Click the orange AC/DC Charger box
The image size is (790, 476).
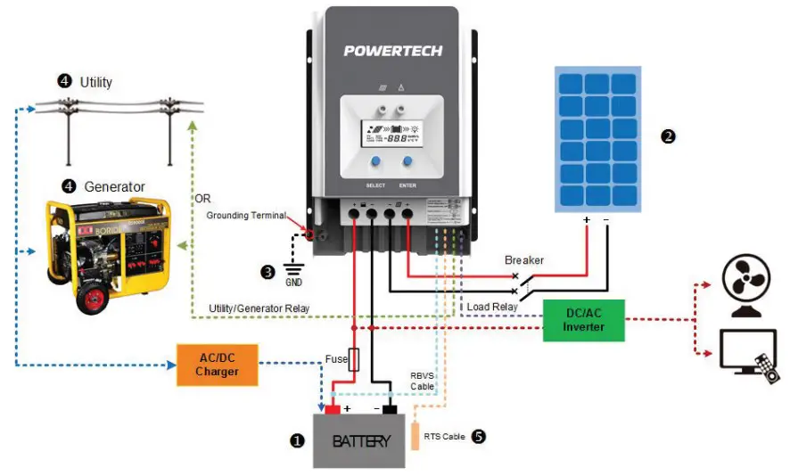click(218, 364)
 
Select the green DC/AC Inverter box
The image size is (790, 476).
click(584, 320)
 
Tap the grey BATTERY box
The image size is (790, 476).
click(361, 440)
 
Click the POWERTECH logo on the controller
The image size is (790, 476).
click(393, 51)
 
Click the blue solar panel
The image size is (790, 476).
click(598, 139)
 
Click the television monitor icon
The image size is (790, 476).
click(747, 355)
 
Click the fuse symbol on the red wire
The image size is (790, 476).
click(353, 359)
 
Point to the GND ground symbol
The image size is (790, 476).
click(292, 271)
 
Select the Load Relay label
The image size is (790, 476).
click(491, 307)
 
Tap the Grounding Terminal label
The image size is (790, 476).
click(246, 216)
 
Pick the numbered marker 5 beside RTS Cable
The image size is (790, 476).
click(479, 437)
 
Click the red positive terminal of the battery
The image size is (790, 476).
click(333, 409)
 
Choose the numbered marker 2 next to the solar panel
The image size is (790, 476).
click(668, 136)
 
